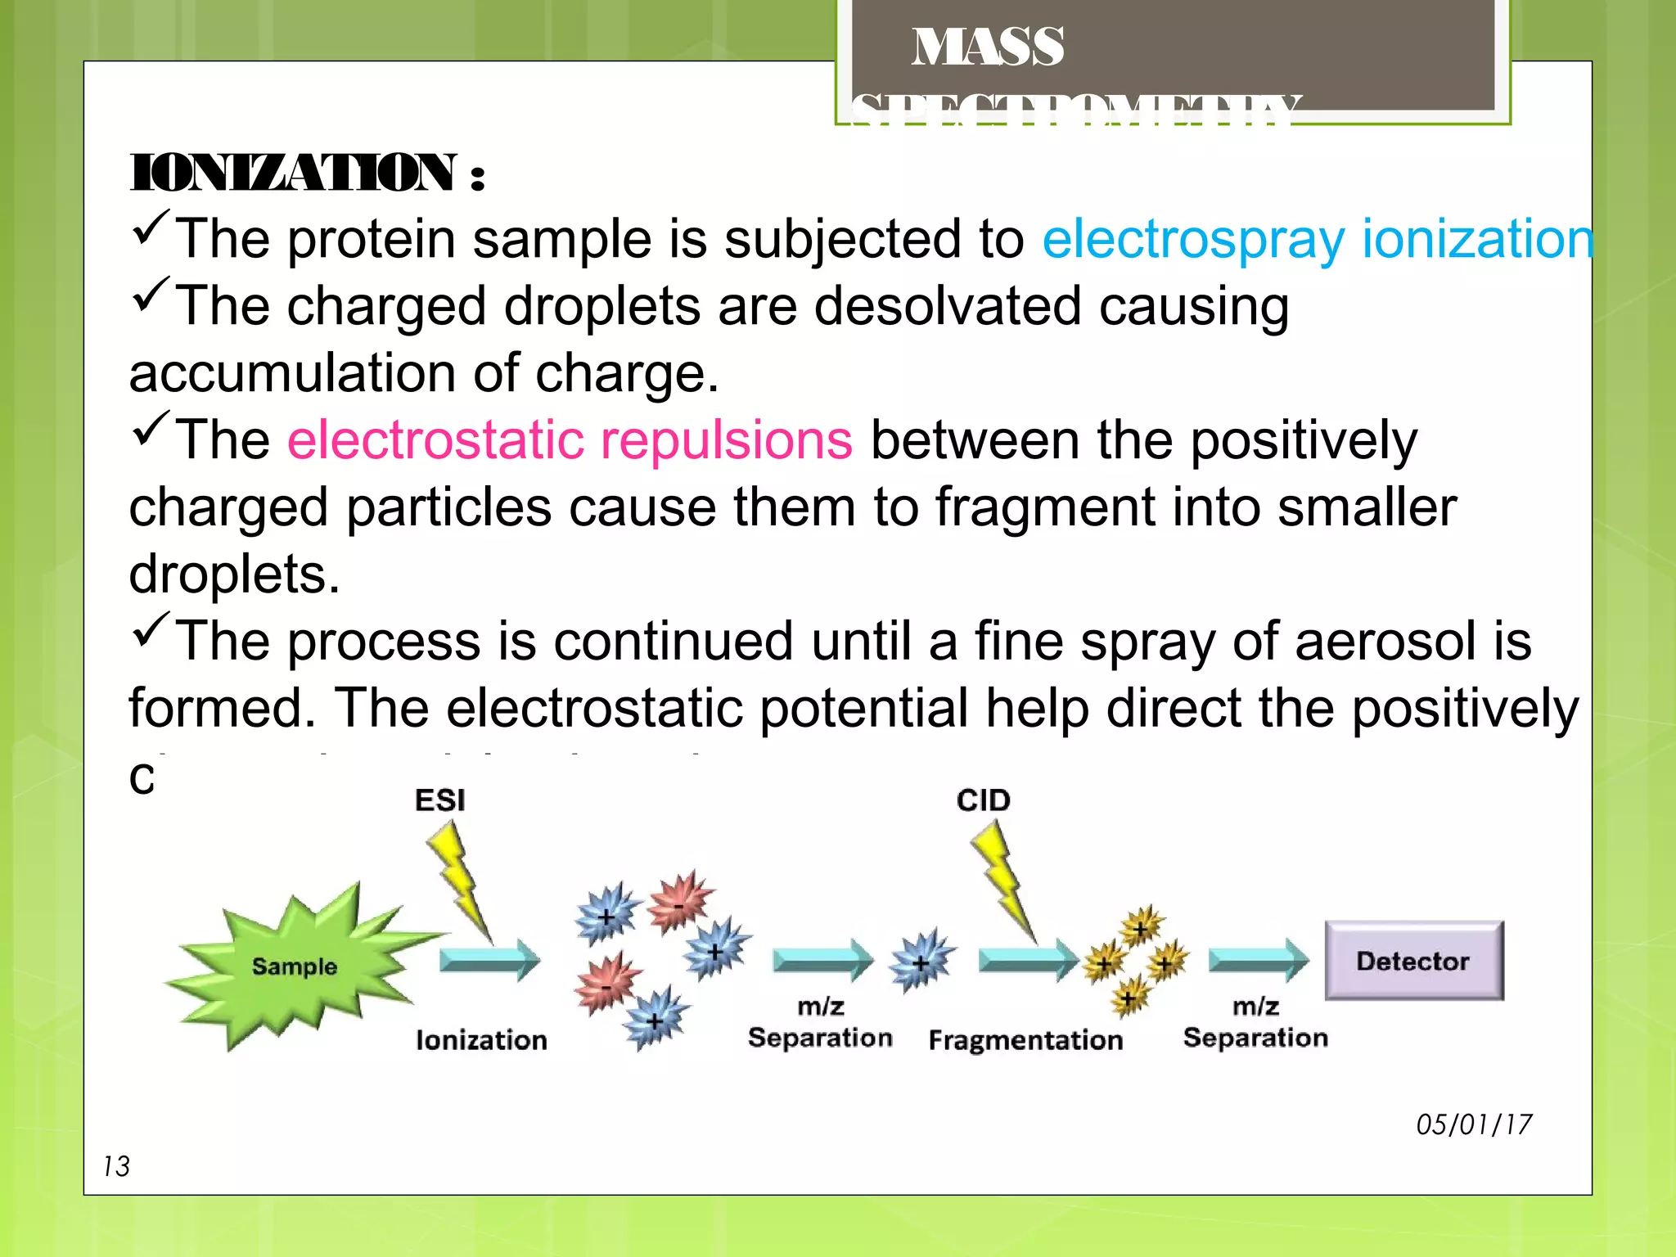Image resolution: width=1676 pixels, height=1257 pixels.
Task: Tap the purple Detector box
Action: tap(1413, 960)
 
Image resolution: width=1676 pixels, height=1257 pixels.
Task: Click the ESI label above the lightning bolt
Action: tap(439, 800)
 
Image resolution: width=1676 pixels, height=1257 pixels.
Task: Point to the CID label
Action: tap(983, 800)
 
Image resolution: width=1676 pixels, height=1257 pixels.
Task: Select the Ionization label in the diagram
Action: tap(481, 1040)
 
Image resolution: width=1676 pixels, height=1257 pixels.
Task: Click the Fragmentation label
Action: tap(1025, 1040)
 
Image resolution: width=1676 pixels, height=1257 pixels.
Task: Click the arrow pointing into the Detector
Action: tap(1259, 960)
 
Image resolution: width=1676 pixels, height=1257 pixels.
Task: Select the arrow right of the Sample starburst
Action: tap(489, 960)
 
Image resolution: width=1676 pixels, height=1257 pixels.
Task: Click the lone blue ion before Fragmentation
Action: tap(922, 962)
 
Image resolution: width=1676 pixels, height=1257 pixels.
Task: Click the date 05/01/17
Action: tap(1473, 1124)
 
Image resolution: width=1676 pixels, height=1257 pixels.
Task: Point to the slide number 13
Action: tap(116, 1166)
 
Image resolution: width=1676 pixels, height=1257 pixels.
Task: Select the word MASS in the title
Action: tap(988, 47)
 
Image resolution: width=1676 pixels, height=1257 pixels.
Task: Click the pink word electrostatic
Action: tap(435, 439)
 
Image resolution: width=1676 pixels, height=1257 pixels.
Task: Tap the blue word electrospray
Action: tap(1193, 239)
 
